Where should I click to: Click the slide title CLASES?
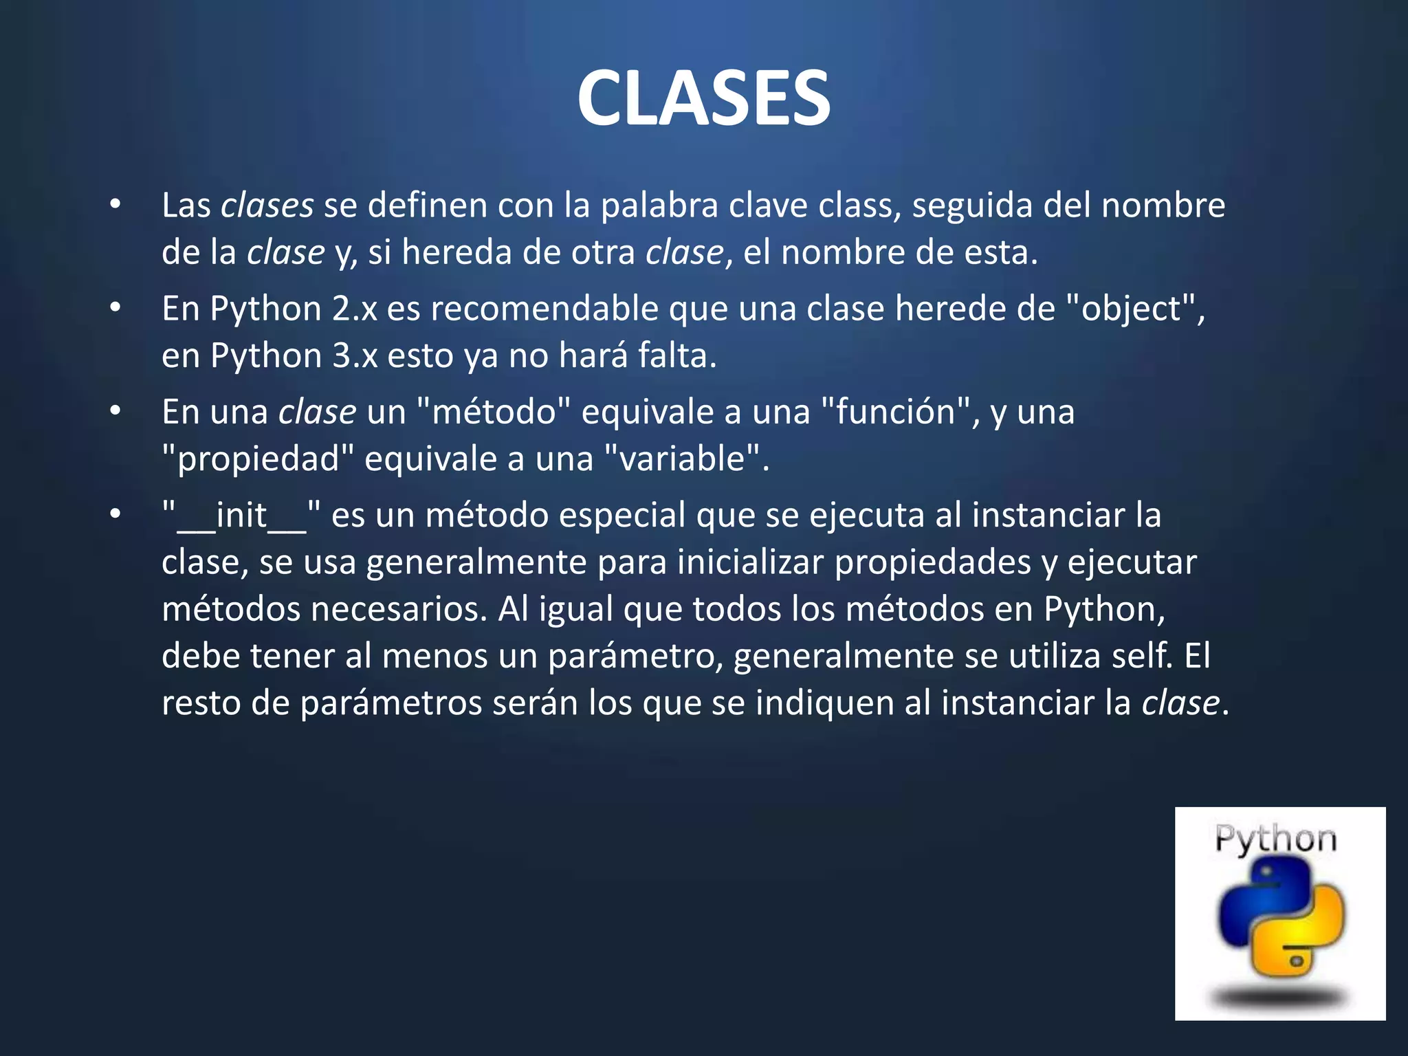703,98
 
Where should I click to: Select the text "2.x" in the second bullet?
355,309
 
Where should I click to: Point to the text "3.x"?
355,356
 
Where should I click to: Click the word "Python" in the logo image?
1275,839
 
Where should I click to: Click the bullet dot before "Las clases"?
115,204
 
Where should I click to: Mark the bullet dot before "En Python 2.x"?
115,307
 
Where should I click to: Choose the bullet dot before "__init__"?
115,514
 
